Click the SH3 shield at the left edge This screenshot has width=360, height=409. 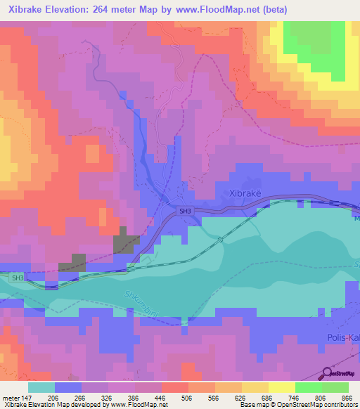pyautogui.click(x=17, y=278)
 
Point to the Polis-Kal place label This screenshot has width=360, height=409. pyautogui.click(x=343, y=337)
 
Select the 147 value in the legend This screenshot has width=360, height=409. pyautogui.click(x=27, y=397)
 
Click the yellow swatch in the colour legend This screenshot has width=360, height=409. pyautogui.click(x=281, y=387)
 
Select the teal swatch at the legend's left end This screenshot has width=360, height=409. pyautogui.click(x=41, y=387)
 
